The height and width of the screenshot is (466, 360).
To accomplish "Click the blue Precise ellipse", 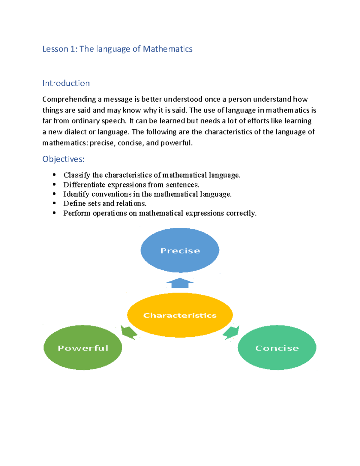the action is point(180,250).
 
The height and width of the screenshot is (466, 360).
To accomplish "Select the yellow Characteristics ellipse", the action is point(180,315).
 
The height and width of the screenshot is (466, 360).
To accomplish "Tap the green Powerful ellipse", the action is point(83,347).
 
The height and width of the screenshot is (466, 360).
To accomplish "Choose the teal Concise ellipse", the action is point(277,347).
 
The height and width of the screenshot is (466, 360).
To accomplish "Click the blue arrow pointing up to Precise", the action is point(180,283).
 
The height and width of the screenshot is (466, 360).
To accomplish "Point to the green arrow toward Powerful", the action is point(129,332).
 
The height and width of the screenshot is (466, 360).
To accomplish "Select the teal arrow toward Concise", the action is point(231,332).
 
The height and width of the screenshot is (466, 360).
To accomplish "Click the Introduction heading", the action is point(66,83).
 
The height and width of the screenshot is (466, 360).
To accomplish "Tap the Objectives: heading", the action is point(63,159).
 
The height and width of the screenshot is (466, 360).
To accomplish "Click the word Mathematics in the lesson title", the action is point(168,49).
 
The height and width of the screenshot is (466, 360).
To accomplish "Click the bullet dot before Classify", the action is point(54,175).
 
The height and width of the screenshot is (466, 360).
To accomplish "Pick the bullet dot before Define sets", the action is point(54,203).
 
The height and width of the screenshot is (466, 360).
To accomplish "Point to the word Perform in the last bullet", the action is point(76,213).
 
